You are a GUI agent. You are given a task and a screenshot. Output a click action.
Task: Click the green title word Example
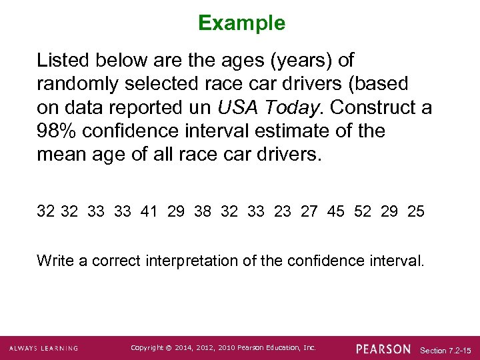[x=241, y=23]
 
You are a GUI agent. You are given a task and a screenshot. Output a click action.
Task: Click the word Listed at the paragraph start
[x=63, y=60]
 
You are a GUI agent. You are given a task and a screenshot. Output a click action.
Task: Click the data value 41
[x=150, y=211]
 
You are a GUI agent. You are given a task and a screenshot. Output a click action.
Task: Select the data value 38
[x=202, y=211]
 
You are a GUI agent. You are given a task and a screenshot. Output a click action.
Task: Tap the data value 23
[x=283, y=211]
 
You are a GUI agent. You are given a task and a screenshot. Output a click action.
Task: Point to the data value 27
[x=309, y=211]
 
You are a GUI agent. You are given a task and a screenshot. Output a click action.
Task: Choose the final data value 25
[x=415, y=211]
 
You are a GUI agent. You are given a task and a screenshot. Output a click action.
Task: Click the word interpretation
[x=193, y=260]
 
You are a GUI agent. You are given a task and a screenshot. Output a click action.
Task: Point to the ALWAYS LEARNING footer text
[x=44, y=349]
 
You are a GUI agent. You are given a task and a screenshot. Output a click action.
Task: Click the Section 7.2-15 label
[x=446, y=349]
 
